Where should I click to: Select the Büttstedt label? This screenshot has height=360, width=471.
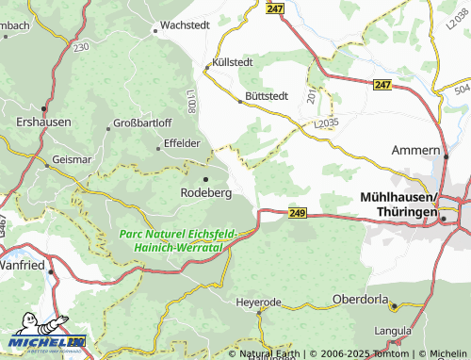pyautogui.click(x=267, y=95)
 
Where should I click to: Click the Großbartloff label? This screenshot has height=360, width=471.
pyautogui.click(x=142, y=123)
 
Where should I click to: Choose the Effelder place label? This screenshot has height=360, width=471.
pyautogui.click(x=182, y=142)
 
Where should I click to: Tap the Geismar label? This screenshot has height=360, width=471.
pyautogui.click(x=73, y=160)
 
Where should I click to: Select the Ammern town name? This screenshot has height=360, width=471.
pyautogui.click(x=416, y=150)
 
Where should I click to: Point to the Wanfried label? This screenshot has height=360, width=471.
pyautogui.click(x=24, y=266)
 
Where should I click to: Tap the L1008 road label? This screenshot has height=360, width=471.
pyautogui.click(x=190, y=98)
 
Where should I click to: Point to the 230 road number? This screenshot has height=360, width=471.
pyautogui.click(x=81, y=46)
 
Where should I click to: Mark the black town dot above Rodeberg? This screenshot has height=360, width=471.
pyautogui.click(x=205, y=178)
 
